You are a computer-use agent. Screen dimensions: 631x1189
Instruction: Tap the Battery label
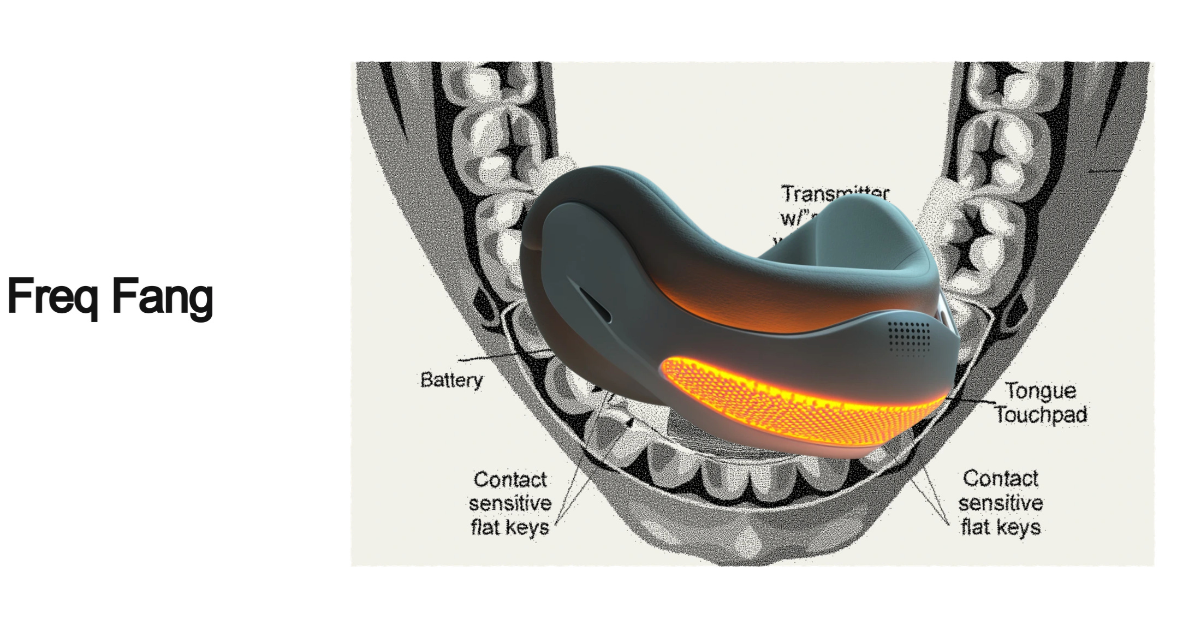[x=451, y=380]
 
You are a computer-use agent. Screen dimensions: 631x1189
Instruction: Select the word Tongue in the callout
[x=1041, y=391]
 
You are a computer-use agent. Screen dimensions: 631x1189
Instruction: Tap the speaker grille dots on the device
[x=908, y=337]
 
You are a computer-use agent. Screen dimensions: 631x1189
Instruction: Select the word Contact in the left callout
[x=510, y=480]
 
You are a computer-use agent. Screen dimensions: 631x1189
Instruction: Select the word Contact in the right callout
[x=1000, y=479]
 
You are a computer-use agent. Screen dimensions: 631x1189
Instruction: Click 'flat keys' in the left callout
[x=510, y=527]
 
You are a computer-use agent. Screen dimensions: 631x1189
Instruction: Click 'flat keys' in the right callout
[x=1000, y=527]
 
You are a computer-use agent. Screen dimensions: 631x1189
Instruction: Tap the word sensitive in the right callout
[x=1000, y=503]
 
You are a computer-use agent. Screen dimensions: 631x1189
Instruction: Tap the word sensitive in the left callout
[x=510, y=503]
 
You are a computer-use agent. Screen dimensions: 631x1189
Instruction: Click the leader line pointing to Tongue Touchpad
[x=972, y=401]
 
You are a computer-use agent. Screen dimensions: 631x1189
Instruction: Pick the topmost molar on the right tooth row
[x=999, y=82]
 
